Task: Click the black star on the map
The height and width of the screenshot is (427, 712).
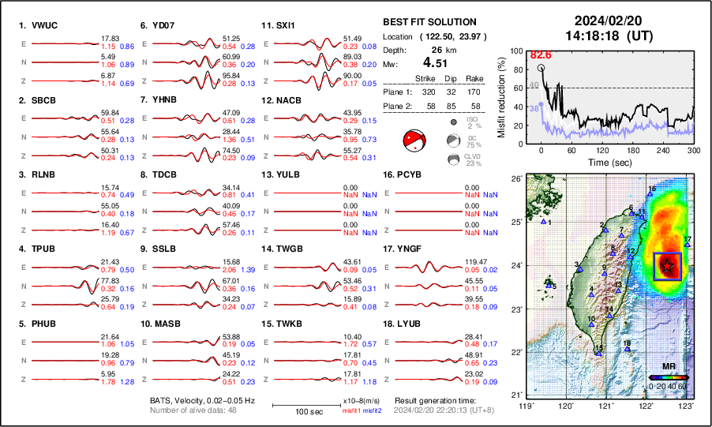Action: tap(669, 266)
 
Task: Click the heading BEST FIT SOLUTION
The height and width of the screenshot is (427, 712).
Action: tap(429, 22)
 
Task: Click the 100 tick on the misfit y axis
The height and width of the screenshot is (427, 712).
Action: tap(518, 51)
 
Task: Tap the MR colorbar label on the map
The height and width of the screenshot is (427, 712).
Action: tap(669, 367)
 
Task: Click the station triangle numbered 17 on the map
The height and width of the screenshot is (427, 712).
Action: tap(688, 245)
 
